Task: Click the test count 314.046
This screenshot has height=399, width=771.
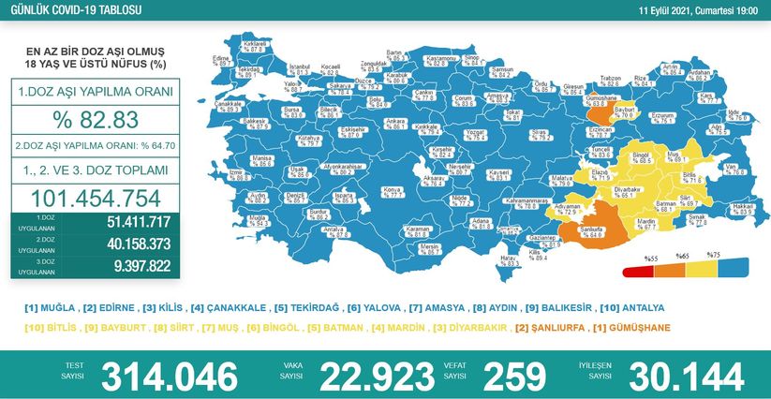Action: (169, 375)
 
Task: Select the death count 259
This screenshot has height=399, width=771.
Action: (514, 375)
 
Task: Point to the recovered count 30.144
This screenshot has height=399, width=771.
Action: (687, 375)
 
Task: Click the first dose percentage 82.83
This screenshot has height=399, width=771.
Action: (96, 120)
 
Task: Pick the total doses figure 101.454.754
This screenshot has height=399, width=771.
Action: (96, 198)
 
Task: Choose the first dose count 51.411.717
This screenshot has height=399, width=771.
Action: (125, 222)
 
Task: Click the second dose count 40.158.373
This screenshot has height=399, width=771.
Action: (125, 244)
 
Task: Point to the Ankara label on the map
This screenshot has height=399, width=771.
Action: (395, 122)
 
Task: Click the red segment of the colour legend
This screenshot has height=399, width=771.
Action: (638, 273)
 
